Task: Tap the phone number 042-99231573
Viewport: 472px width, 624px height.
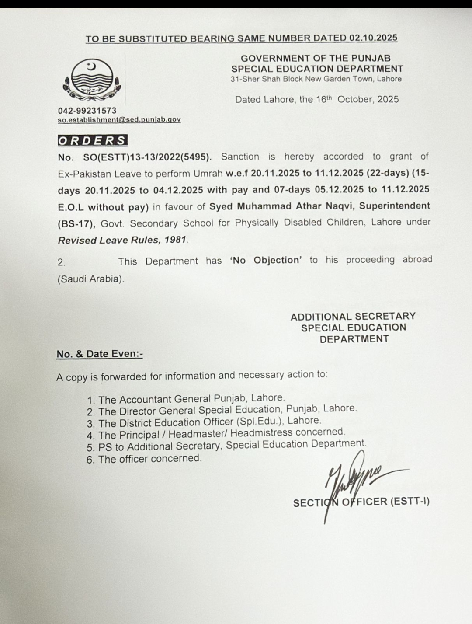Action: [87, 111]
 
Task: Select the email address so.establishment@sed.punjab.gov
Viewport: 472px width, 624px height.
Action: [119, 119]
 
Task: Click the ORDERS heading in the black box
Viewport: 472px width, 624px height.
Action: [92, 140]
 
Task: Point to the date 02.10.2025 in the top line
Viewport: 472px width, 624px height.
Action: [373, 38]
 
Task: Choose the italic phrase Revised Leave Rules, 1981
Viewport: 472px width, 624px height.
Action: [122, 240]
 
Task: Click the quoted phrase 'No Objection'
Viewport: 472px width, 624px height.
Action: [266, 260]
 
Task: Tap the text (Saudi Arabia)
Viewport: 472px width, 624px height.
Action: [90, 279]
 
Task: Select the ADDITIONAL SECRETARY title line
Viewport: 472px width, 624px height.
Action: [353, 316]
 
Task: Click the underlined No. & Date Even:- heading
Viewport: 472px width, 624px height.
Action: [100, 354]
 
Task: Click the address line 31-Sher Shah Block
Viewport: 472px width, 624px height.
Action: [316, 79]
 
